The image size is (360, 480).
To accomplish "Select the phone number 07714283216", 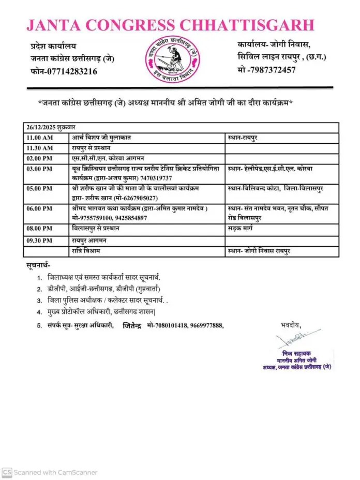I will tap(72, 72).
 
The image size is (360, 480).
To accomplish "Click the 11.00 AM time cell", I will tap(39, 137).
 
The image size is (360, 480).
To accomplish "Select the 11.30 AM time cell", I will tap(39, 147).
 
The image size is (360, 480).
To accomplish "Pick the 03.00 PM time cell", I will tap(39, 169).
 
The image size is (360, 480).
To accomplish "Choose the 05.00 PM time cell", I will tap(39, 189).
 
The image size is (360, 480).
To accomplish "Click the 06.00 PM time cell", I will tap(39, 208).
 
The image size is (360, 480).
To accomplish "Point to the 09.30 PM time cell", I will tap(39, 240).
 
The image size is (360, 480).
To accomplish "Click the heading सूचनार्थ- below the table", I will tap(39, 265).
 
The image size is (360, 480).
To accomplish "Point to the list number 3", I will tap(39, 300).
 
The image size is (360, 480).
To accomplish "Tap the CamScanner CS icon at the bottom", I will tap(7, 472).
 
